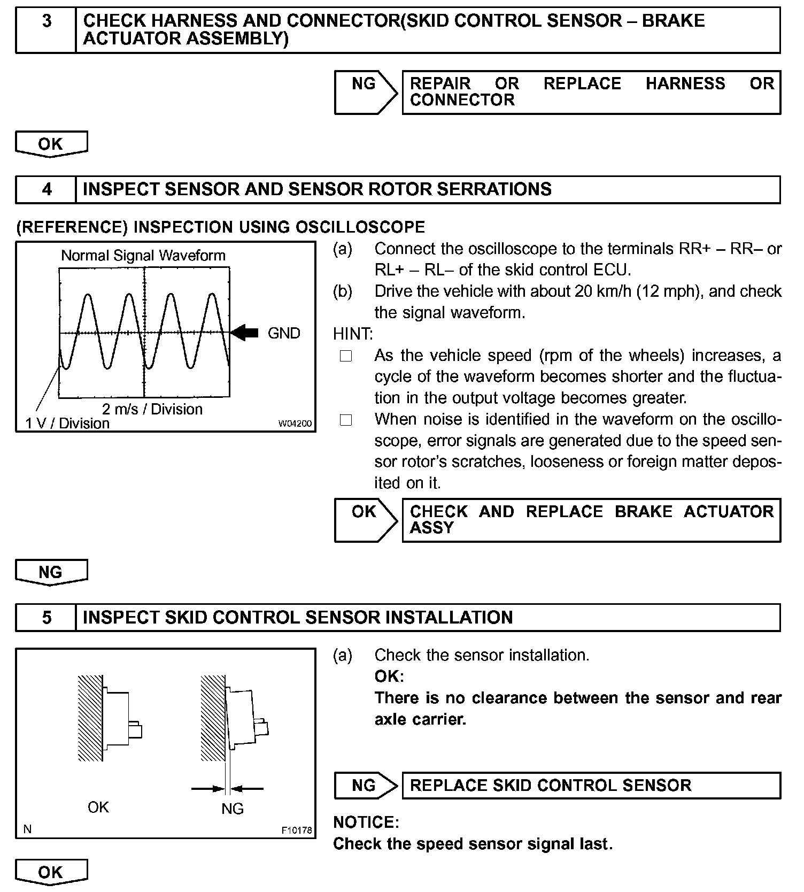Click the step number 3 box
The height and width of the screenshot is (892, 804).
pos(47,30)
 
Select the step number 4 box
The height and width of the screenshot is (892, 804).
pos(47,190)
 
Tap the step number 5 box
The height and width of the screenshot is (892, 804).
pos(47,618)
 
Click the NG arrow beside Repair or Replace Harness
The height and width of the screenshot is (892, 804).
pos(365,92)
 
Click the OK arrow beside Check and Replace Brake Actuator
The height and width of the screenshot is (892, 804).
pos(365,520)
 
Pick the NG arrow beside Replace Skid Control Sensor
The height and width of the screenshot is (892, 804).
pos(365,785)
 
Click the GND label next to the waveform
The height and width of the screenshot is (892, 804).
pos(284,333)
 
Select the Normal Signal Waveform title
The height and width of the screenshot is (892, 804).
pos(143,256)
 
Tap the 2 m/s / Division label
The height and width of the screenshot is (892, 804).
pos(152,409)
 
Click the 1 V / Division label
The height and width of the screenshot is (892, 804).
pos(67,424)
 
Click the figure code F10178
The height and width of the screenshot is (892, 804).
pos(297,831)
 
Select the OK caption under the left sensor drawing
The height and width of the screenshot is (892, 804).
pos(98,807)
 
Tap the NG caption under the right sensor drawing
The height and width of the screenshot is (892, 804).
pos(233,808)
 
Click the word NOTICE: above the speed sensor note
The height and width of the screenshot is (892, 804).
pos(366,822)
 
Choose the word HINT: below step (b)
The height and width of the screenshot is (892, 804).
pos(353,334)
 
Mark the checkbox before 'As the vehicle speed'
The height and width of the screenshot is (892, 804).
pos(346,356)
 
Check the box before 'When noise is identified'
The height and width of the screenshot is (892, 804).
pos(346,420)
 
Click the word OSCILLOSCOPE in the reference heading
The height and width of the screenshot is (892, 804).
pos(360,227)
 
